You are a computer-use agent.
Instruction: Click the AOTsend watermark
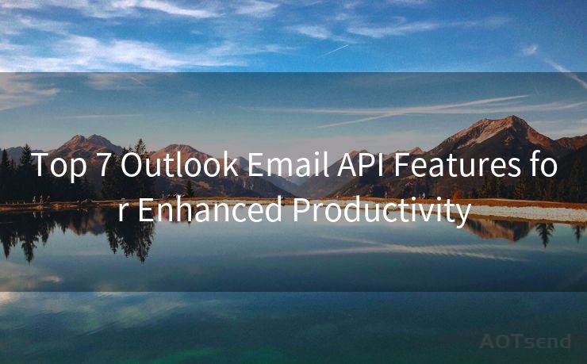click(525, 341)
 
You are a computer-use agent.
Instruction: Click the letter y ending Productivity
click(462, 213)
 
